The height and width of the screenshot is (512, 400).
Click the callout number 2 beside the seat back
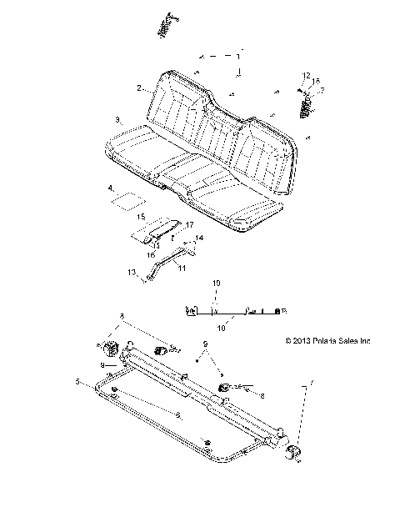pyautogui.click(x=139, y=87)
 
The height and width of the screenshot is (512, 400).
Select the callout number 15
pyautogui.click(x=141, y=216)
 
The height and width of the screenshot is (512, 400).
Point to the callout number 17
pyautogui.click(x=189, y=225)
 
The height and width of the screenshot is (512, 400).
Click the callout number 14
pyautogui.click(x=198, y=238)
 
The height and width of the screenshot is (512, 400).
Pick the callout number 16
pyautogui.click(x=152, y=255)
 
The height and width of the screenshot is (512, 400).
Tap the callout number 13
pyautogui.click(x=131, y=273)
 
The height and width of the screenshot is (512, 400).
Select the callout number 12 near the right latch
pyautogui.click(x=306, y=76)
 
